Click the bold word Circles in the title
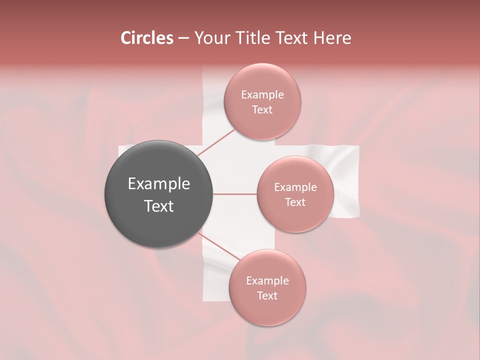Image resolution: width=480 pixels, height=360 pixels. pos(146,38)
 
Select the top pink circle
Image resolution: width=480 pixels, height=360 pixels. pos(262,101)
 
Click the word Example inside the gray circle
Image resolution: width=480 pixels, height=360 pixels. pos(159,184)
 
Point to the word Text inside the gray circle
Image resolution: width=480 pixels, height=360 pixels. pos(159,206)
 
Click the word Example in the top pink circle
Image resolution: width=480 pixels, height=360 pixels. pos(262,94)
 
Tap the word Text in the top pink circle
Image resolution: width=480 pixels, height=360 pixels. pos(262,109)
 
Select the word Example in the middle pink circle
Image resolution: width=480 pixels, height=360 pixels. pos(295,187)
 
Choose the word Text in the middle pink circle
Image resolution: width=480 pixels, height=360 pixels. pos(295,202)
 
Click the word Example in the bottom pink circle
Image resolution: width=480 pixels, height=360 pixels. pos(267,280)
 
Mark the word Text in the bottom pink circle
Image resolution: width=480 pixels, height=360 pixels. pos(267,295)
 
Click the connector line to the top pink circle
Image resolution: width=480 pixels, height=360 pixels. pos(216,142)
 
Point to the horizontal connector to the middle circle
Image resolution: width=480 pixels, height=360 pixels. pos(235,194)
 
